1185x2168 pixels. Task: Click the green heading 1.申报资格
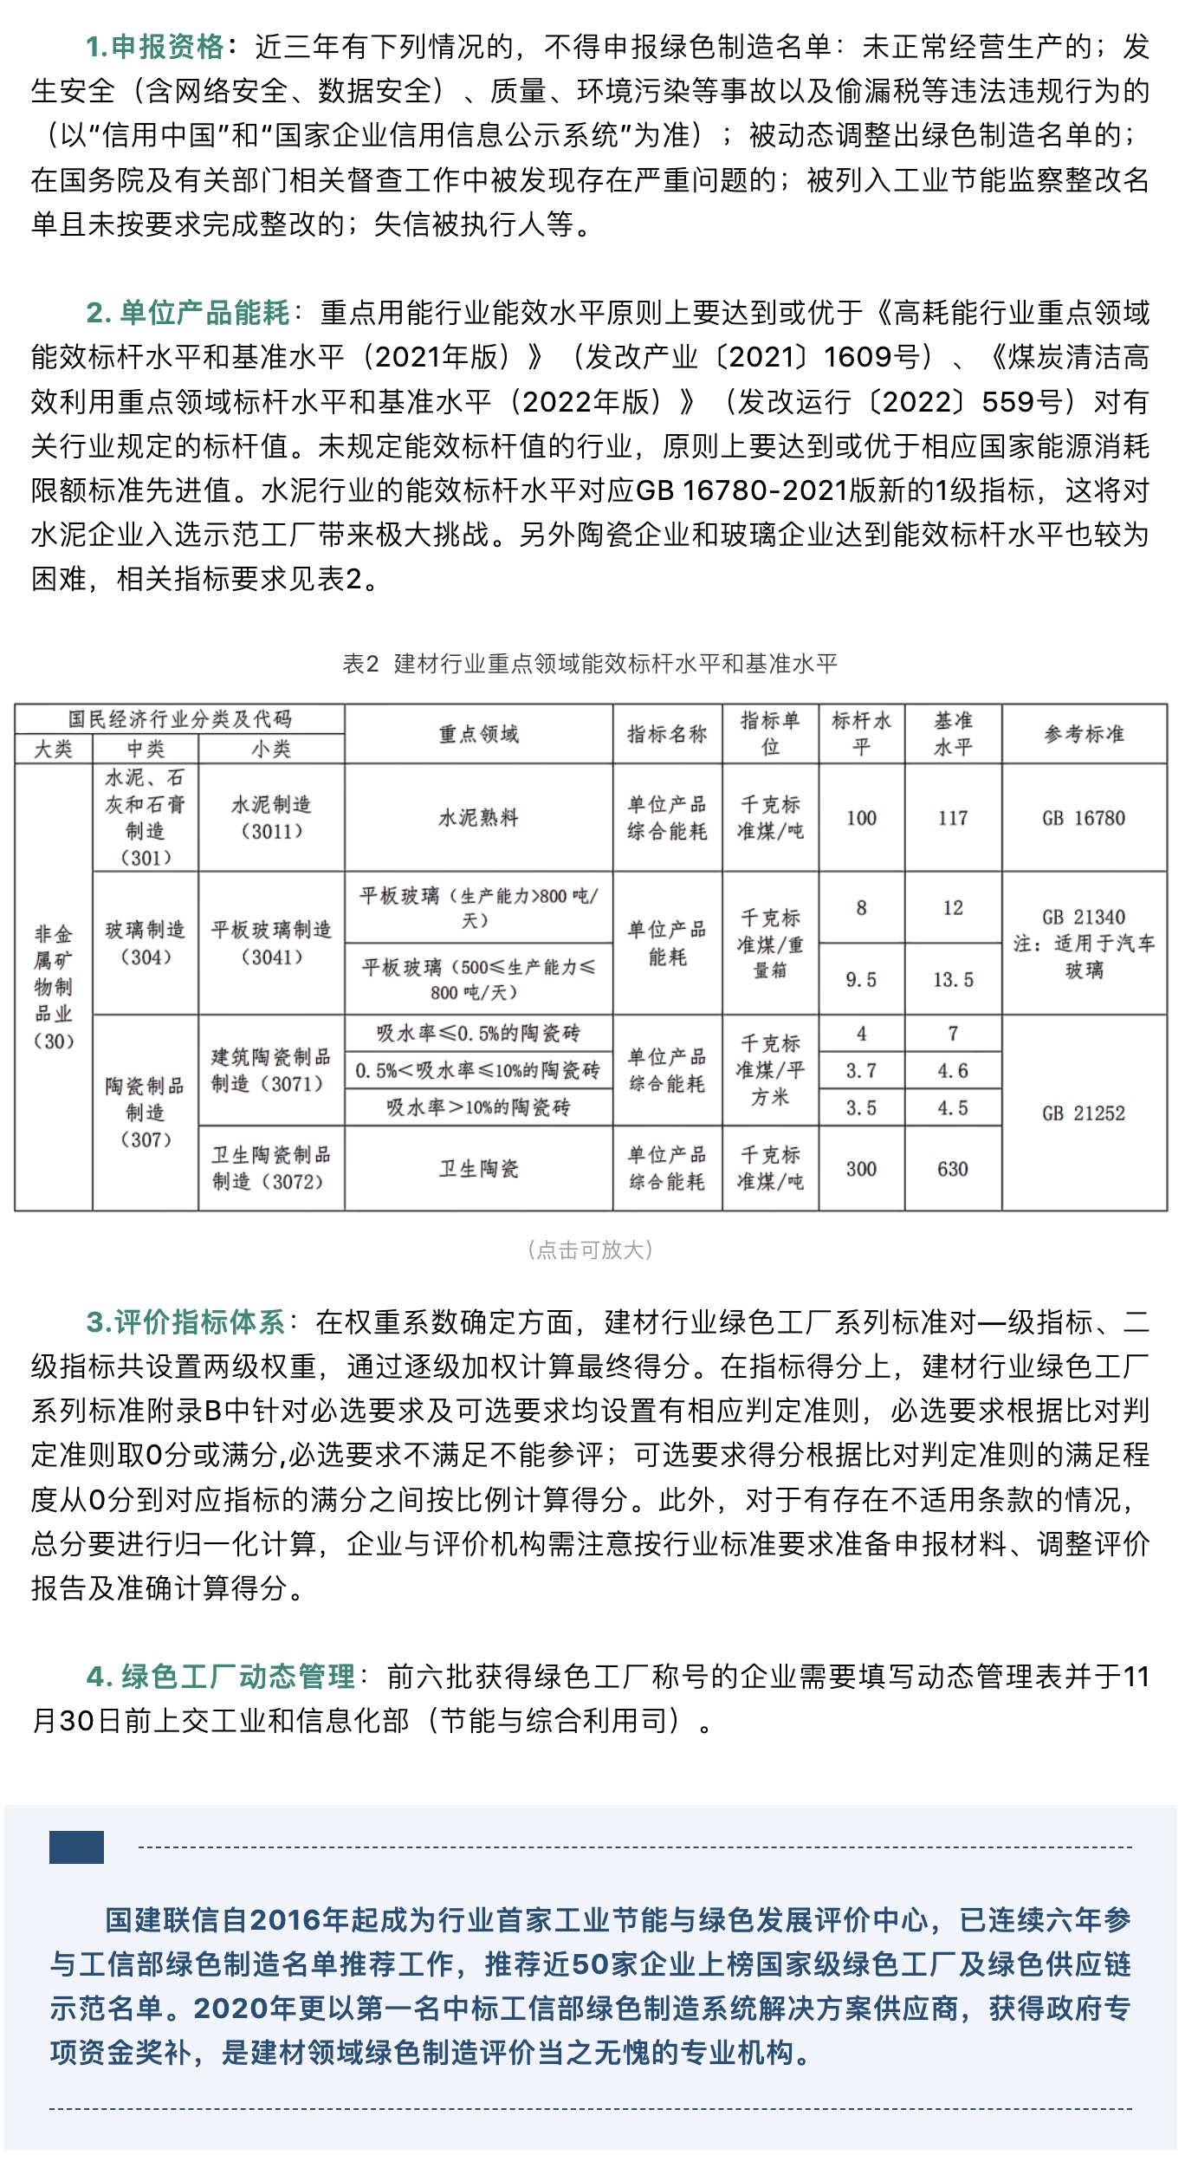155,47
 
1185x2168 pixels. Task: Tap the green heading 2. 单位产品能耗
188,313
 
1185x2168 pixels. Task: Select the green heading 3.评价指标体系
185,1321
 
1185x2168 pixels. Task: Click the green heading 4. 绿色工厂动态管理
221,1676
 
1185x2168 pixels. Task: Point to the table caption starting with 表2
590,664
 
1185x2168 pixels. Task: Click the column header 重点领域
478,734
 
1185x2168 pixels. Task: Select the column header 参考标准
1084,734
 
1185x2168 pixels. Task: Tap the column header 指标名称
667,734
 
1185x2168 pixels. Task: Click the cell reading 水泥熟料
478,817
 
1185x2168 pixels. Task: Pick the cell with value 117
953,818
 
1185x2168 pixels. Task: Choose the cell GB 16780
1084,818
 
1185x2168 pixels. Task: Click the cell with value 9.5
861,979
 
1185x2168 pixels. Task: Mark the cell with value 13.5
953,979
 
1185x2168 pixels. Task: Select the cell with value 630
953,1169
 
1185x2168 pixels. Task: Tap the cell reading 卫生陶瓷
478,1169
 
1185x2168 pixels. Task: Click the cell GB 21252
1084,1113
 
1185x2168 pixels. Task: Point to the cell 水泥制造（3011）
271,817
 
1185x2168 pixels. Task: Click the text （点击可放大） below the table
590,1250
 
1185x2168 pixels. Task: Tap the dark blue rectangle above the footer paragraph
76,1847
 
